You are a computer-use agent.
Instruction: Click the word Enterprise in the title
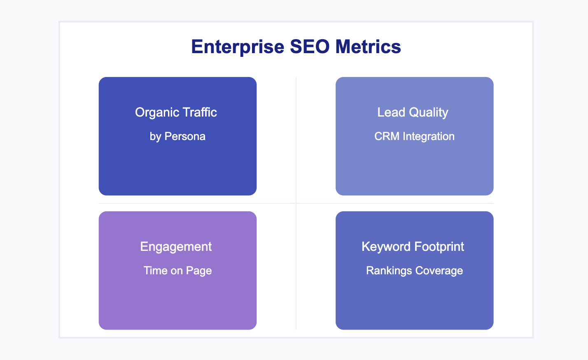[238, 47]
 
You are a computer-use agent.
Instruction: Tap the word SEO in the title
[310, 47]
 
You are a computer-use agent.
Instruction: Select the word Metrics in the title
[368, 47]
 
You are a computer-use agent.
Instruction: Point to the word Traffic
[200, 112]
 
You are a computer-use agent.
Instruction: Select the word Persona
[185, 136]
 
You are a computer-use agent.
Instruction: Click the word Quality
[428, 112]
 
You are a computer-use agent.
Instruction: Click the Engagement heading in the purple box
[176, 247]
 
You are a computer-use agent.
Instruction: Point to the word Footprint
[439, 247]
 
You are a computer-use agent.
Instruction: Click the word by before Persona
[155, 137]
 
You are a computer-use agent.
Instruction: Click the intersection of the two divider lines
[296, 203]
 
